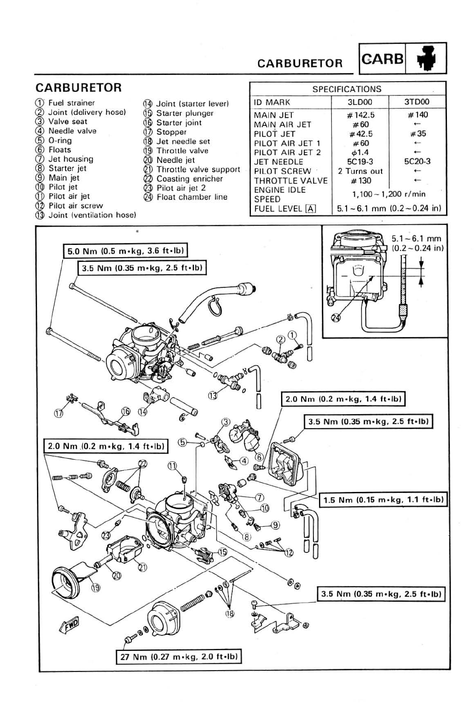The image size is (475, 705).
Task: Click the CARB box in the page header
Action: coord(382,59)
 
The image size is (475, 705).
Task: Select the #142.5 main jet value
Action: coord(361,115)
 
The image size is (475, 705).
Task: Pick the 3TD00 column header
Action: coord(417,102)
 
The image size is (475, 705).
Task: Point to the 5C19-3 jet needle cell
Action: coord(360,162)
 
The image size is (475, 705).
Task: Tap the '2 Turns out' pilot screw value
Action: coord(360,171)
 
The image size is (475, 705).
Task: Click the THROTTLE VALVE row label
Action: coord(290,180)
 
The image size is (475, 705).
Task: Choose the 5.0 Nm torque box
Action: coord(125,250)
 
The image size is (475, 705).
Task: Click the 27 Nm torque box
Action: coord(179,656)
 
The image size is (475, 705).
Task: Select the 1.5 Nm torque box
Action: coord(383,500)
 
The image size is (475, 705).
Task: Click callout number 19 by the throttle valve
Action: coord(96,588)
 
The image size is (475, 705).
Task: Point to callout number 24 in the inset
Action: coord(336,318)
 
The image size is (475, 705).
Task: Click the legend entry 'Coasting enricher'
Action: coord(189,179)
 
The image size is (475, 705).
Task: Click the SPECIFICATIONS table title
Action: coord(347,89)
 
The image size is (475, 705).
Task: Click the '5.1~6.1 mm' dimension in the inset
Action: coord(416,239)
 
